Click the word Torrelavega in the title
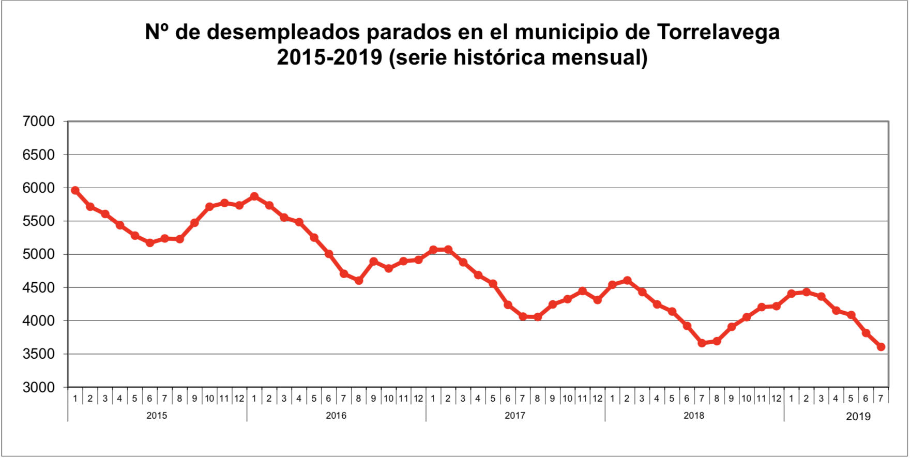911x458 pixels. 719,32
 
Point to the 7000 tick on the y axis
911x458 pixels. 39,121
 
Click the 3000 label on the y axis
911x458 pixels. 39,387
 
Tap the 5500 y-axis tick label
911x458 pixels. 39,221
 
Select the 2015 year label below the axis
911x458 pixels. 157,416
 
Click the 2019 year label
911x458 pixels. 858,416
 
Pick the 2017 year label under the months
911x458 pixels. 515,416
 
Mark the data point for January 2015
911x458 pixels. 75,191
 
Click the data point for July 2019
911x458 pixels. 881,347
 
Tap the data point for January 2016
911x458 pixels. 254,196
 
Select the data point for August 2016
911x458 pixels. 359,281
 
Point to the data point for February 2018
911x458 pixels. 627,281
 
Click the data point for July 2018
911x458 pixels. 702,343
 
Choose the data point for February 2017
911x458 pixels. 448,250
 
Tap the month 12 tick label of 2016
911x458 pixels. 418,399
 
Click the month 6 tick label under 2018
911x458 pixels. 687,399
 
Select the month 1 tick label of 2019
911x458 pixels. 791,399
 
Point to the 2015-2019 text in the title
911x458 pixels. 329,57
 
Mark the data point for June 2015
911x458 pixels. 150,242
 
